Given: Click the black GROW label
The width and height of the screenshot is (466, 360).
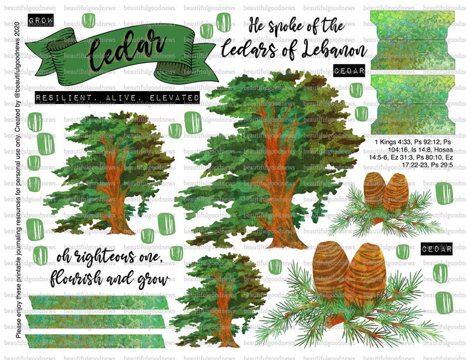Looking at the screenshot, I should coord(40,21).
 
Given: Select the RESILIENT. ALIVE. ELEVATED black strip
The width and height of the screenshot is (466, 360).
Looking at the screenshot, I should coord(117,97).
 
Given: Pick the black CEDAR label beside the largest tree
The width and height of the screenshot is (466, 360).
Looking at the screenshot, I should coord(349,70).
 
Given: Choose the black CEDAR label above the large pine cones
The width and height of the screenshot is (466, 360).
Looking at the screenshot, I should coord(436,249).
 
